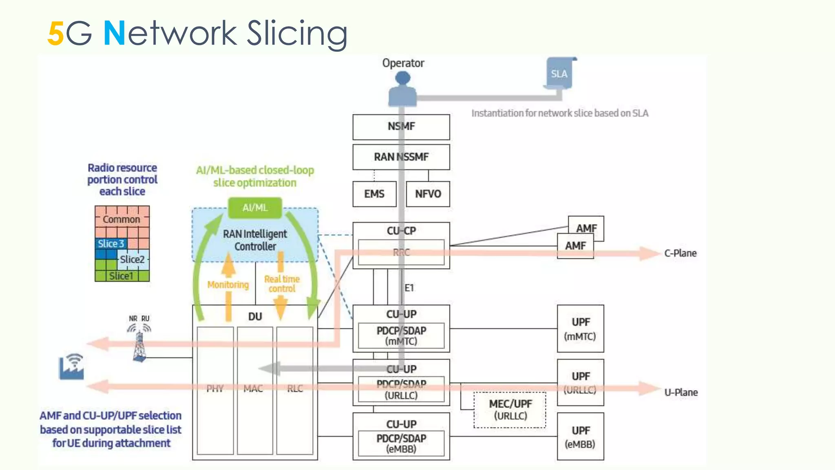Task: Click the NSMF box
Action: tap(401, 127)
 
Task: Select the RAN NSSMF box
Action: tap(401, 157)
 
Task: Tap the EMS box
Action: tap(374, 194)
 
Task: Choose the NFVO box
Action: tap(428, 194)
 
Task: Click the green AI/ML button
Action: tap(255, 208)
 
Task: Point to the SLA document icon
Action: tap(559, 74)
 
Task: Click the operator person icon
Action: tap(402, 89)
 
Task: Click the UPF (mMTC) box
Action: tap(580, 329)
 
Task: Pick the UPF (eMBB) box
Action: tap(580, 437)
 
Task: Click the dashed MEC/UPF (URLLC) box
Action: tap(510, 410)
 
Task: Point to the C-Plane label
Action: tap(680, 253)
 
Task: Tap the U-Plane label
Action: tap(681, 392)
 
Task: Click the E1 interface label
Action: tap(409, 288)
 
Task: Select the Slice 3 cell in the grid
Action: tap(110, 244)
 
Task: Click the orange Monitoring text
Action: tap(228, 285)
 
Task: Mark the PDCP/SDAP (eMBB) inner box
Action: tap(401, 443)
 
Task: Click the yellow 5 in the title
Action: tap(55, 33)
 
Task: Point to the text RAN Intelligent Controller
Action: tap(255, 240)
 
